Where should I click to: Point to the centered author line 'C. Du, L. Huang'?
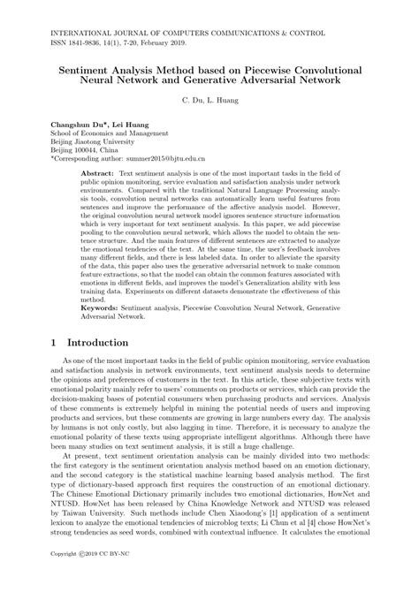point(209,102)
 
